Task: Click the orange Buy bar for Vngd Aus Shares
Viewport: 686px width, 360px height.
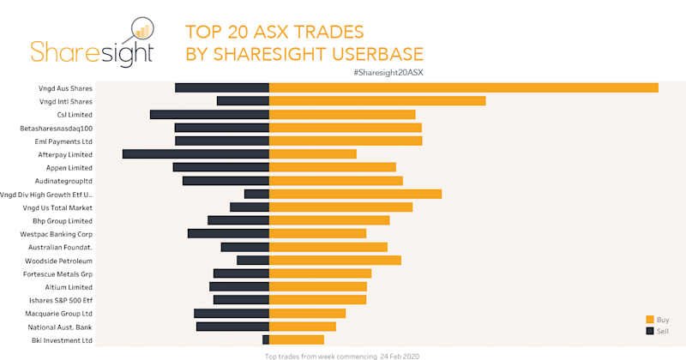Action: [x=463, y=87]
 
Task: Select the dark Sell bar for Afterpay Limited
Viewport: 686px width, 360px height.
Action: [x=196, y=154]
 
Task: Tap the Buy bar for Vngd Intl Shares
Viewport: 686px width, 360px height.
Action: [x=377, y=101]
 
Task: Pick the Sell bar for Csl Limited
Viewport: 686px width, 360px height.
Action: [x=209, y=114]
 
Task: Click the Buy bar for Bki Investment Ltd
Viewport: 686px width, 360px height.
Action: [x=297, y=340]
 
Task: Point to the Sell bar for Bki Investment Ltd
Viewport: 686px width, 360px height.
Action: [x=266, y=340]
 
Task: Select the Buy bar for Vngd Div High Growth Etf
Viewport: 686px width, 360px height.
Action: [x=355, y=194]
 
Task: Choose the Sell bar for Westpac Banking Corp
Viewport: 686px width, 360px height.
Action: [x=228, y=233]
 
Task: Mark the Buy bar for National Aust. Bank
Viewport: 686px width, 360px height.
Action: [x=303, y=327]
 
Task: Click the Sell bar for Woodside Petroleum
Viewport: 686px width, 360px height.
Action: [x=253, y=260]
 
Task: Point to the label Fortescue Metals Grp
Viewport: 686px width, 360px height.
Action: [x=57, y=273]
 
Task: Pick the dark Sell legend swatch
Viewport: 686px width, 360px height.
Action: [x=649, y=331]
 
